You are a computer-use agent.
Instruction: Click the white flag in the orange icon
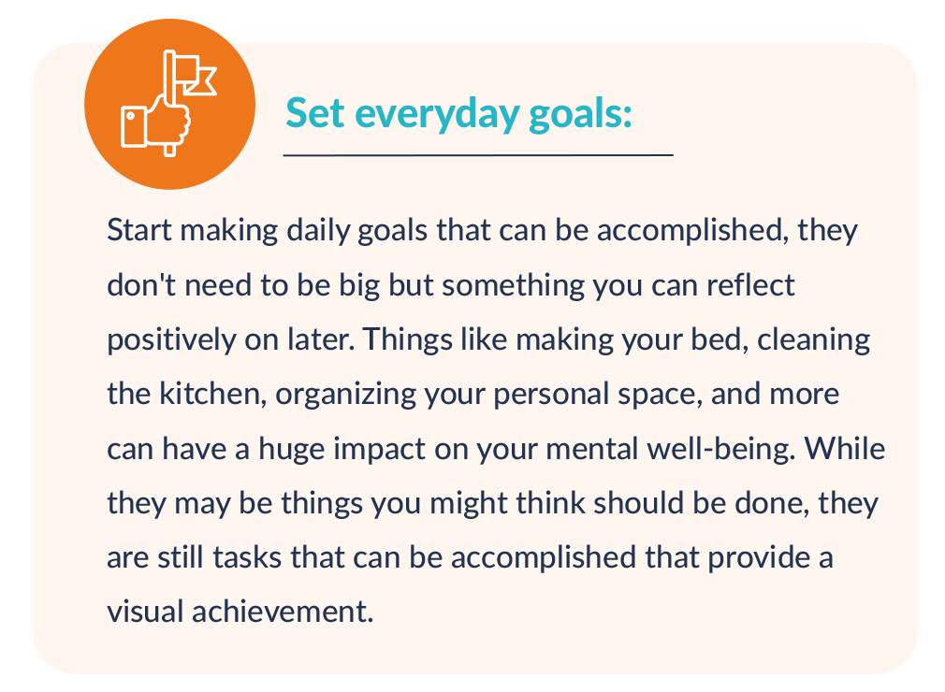(x=190, y=74)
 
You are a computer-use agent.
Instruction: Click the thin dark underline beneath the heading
(x=478, y=155)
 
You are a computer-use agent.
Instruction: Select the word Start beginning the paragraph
(x=139, y=230)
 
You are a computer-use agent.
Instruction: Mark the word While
(x=844, y=449)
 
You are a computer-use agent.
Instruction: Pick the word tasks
(x=247, y=557)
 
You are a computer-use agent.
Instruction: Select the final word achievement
(x=283, y=612)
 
